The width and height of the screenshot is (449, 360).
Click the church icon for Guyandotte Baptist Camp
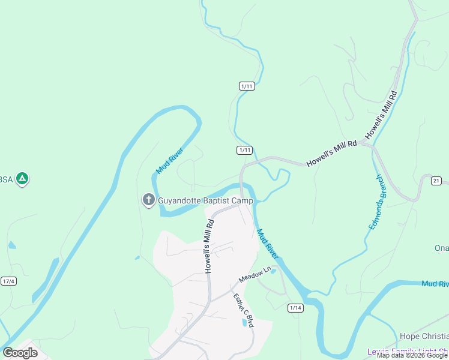click(x=148, y=200)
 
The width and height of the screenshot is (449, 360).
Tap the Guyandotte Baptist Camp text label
click(x=206, y=201)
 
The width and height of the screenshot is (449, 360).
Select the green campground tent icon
click(x=22, y=179)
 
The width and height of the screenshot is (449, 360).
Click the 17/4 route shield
click(x=8, y=281)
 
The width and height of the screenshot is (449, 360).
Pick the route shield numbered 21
click(x=436, y=180)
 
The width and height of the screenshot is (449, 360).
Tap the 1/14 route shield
click(x=295, y=308)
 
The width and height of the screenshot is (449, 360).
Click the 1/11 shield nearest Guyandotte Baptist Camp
click(x=244, y=150)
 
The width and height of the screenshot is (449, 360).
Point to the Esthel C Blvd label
click(x=244, y=310)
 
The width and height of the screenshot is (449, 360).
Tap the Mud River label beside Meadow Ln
click(x=268, y=245)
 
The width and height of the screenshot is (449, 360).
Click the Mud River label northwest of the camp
click(x=169, y=161)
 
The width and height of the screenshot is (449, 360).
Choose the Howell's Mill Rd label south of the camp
click(x=209, y=246)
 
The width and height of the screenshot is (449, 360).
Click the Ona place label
click(x=441, y=248)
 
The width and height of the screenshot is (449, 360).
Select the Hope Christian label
click(x=424, y=336)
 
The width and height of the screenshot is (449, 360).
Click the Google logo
click(x=20, y=352)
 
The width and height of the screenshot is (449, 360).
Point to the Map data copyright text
click(x=412, y=355)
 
